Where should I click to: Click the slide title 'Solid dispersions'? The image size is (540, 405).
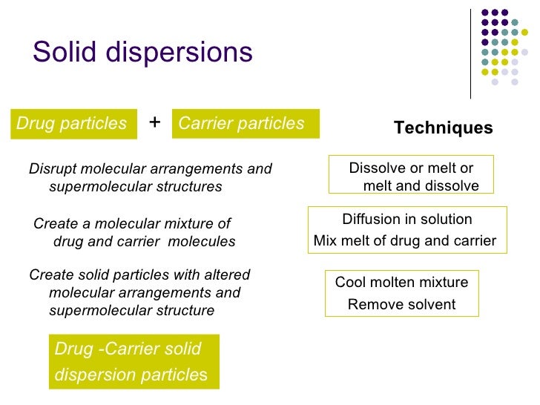(142, 52)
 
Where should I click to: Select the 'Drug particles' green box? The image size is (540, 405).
(72, 124)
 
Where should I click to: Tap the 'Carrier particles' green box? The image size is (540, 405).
(245, 124)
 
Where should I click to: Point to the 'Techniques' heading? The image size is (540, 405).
(443, 128)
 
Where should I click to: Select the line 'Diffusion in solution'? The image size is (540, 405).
(406, 219)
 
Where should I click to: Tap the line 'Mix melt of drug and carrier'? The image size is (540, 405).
(405, 240)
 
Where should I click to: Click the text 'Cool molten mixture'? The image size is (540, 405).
(401, 282)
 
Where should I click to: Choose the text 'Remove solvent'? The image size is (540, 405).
(401, 304)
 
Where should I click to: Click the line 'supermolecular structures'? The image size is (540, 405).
(135, 187)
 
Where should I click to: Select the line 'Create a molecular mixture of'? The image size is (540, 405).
(133, 224)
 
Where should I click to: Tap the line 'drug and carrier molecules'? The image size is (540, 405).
(144, 242)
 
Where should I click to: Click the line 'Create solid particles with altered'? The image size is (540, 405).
(139, 274)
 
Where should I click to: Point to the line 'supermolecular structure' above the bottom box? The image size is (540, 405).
(131, 310)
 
